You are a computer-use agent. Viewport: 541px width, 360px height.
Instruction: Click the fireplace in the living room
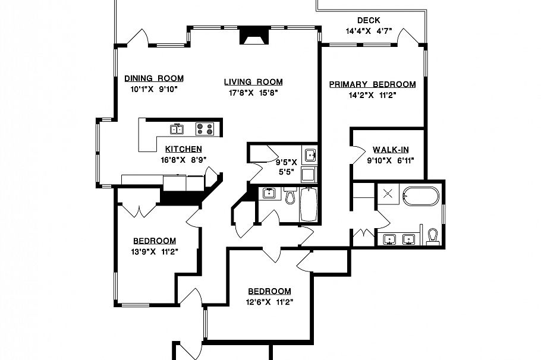click(x=254, y=37)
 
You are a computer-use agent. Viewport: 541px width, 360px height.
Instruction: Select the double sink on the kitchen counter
click(x=177, y=128)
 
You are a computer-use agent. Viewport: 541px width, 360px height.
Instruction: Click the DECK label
click(x=369, y=21)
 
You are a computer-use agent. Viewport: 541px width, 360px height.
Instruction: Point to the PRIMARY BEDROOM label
click(x=373, y=84)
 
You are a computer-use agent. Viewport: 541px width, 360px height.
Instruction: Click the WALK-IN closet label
click(x=390, y=150)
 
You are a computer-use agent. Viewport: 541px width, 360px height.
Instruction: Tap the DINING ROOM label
click(x=153, y=78)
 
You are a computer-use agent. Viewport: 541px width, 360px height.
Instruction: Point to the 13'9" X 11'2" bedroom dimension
click(x=154, y=251)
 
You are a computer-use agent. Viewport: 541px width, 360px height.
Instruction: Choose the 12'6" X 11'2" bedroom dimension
click(x=269, y=301)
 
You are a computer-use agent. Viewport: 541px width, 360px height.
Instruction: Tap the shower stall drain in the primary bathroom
click(x=388, y=191)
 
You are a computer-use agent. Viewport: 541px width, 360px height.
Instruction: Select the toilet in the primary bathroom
click(x=432, y=236)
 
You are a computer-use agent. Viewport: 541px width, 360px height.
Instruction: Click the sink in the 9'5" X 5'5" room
click(x=309, y=156)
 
